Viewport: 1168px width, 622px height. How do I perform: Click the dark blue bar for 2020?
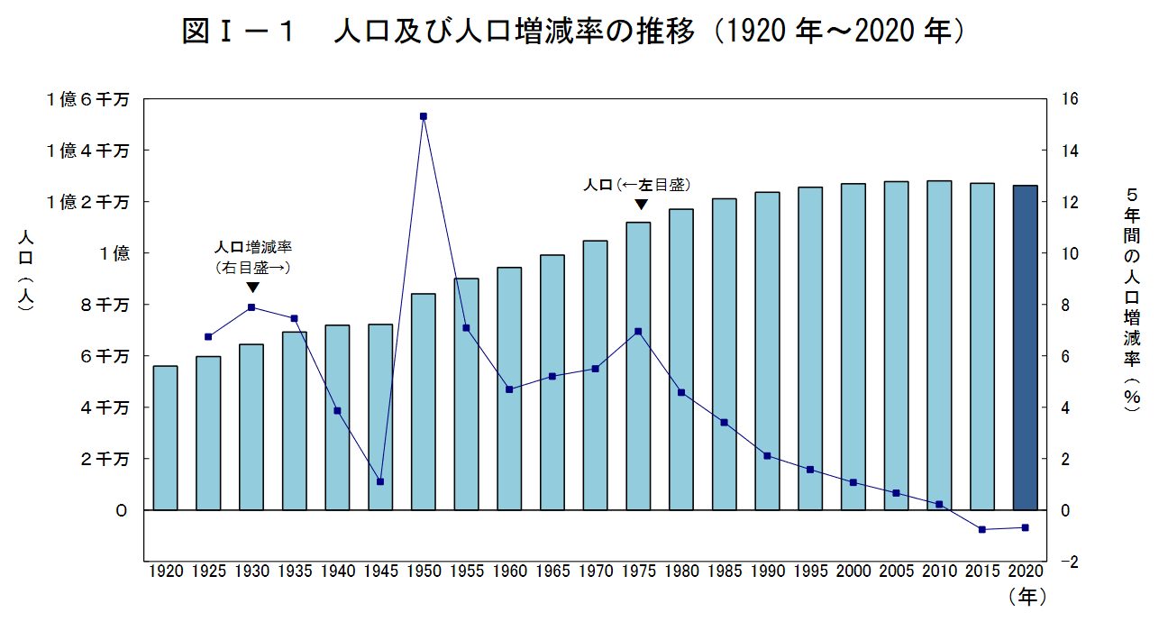point(1025,347)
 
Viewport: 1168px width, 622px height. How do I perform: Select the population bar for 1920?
point(165,438)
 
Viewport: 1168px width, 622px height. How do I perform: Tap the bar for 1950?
point(424,402)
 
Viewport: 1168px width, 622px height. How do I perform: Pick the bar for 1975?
point(638,366)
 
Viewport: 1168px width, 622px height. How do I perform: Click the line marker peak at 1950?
point(424,116)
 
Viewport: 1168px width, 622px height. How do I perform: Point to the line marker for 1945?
point(380,481)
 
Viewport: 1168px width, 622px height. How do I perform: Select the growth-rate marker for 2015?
point(982,529)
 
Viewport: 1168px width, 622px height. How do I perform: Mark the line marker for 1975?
point(638,331)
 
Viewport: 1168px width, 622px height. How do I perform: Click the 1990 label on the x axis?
point(767,571)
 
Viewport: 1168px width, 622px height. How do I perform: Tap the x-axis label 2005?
point(896,571)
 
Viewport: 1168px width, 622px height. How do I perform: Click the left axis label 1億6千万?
point(87,99)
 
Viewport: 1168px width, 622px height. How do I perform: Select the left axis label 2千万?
point(106,460)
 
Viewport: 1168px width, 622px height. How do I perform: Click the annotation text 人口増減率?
point(253,246)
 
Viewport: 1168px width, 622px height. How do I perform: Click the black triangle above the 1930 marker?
point(253,287)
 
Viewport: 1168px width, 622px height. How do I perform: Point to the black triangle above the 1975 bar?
point(641,205)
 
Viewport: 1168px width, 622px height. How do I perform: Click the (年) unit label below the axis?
point(1027,596)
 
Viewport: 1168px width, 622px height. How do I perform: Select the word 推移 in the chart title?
point(672,32)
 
